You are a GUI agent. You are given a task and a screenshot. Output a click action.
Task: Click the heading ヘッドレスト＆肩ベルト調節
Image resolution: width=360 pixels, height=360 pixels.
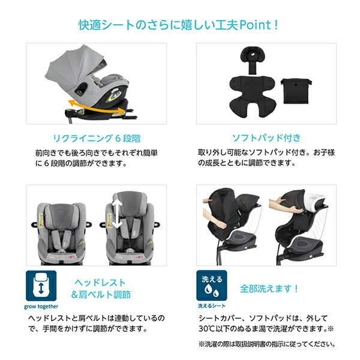click(x=103, y=288)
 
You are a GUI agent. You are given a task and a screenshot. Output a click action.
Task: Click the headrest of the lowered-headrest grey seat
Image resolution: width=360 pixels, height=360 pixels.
click(x=56, y=207)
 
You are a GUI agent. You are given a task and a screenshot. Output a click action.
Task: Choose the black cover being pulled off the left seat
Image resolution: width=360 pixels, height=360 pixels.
click(x=225, y=210)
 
